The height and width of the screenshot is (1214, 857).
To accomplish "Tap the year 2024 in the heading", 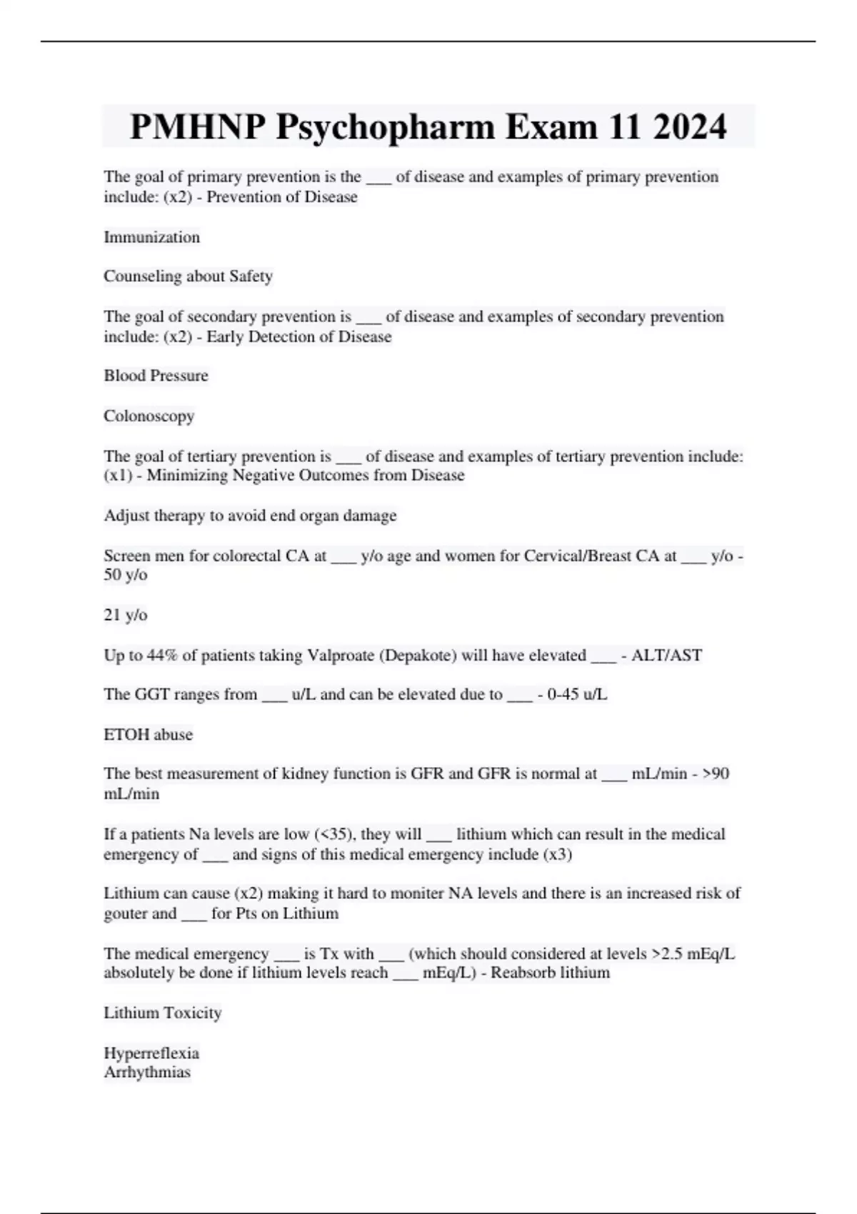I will coord(689,127).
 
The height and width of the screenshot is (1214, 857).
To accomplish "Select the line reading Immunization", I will coord(151,237).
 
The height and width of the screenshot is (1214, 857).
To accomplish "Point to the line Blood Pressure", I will coord(156,376).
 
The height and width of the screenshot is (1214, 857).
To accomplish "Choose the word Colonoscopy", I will coord(149,416).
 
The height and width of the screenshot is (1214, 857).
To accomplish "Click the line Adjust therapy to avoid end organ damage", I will coord(250,516).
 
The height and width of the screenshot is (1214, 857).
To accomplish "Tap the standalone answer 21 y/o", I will coord(126,615).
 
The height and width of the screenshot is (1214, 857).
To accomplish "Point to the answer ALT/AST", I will coord(666,655).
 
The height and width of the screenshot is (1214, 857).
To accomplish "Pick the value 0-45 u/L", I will coord(577,694).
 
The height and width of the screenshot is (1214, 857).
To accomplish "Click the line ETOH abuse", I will coord(148,734).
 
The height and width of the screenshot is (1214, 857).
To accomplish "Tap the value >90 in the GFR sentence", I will coord(716,773).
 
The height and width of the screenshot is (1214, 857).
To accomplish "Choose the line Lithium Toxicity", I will coord(162,1013).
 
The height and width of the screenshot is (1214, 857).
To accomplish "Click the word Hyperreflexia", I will coord(151,1053).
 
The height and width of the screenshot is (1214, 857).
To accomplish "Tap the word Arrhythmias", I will coord(147,1072).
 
